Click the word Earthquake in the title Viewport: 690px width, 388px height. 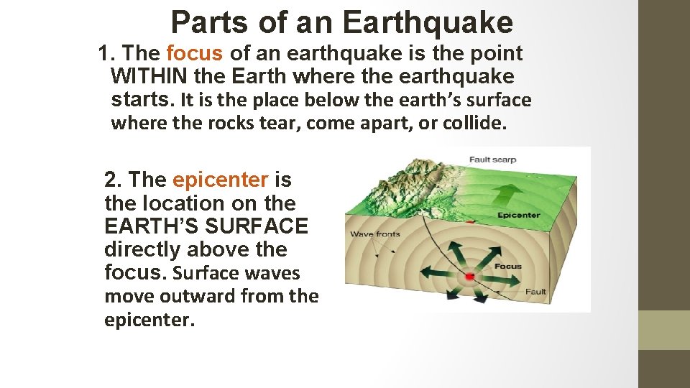(428, 23)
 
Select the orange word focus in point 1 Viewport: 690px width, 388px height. (196, 53)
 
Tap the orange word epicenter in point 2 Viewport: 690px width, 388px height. (220, 180)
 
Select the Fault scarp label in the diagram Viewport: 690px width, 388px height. (492, 160)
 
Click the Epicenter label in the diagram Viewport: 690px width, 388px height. (518, 215)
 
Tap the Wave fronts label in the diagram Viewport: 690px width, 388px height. (375, 235)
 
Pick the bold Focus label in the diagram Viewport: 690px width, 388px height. (508, 267)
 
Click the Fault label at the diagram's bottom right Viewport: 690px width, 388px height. (535, 292)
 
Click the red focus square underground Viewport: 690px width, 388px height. (470, 277)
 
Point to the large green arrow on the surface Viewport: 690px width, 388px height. (509, 193)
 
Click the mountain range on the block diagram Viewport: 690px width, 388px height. (402, 183)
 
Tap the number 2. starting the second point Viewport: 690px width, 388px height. (114, 180)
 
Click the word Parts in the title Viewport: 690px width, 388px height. (209, 23)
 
